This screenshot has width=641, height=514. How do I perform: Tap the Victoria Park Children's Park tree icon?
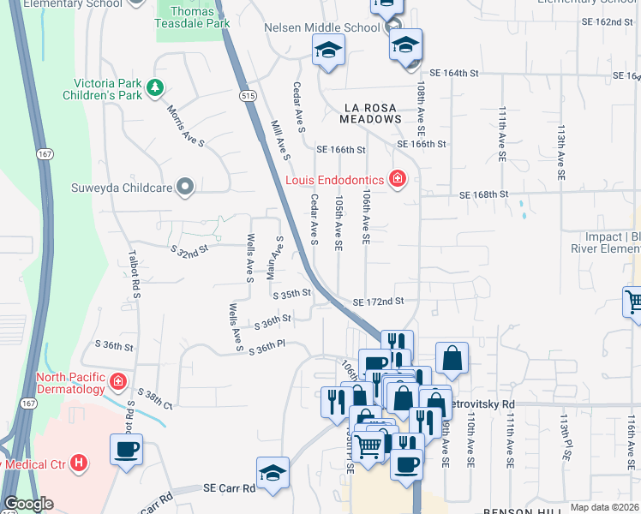coord(155,87)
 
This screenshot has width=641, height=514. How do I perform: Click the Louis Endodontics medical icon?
coord(397,179)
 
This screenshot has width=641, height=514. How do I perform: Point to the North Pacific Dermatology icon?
coord(117,381)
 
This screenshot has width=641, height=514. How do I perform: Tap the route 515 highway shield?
coord(249,97)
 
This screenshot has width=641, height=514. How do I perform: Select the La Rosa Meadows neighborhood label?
coord(372,113)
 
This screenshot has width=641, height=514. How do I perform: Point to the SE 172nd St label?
coord(378,302)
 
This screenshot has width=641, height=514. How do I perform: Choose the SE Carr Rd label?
coord(230,488)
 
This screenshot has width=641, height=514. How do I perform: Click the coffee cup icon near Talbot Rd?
coord(126,450)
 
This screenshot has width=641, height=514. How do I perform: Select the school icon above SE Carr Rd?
coord(273,473)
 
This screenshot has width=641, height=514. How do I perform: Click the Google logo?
coord(28,504)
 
